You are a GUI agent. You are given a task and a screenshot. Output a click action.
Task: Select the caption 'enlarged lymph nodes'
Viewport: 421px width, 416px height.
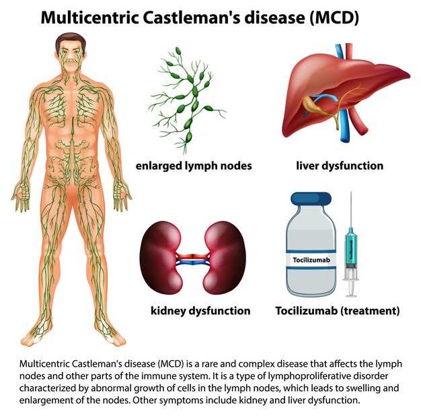(194, 166)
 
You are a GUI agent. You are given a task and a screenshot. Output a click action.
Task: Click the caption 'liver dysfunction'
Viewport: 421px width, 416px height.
(340, 166)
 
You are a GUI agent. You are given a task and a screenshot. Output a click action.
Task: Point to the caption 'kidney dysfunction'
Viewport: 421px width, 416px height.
(200, 311)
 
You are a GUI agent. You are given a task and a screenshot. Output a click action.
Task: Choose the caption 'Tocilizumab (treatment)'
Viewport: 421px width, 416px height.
(338, 311)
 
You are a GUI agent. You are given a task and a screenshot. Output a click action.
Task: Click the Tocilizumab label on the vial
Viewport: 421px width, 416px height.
(311, 260)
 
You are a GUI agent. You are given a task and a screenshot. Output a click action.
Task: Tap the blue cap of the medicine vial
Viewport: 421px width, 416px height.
(311, 199)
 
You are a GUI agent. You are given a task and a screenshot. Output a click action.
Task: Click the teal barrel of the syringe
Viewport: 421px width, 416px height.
(350, 248)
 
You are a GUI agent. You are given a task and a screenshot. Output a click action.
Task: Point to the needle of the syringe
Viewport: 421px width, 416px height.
(350, 209)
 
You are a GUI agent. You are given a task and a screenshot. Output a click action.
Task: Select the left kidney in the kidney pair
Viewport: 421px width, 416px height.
(161, 257)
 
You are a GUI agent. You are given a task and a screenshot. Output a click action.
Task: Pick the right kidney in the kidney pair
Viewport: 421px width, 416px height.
(225, 257)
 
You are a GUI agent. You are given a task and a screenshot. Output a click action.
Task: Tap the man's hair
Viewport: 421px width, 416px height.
(71, 41)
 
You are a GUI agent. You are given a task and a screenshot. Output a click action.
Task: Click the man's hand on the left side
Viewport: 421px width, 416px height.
(20, 195)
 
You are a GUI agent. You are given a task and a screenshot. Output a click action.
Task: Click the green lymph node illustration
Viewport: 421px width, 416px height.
(187, 100)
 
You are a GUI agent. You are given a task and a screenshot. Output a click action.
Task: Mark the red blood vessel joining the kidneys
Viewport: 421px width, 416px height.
(192, 256)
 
